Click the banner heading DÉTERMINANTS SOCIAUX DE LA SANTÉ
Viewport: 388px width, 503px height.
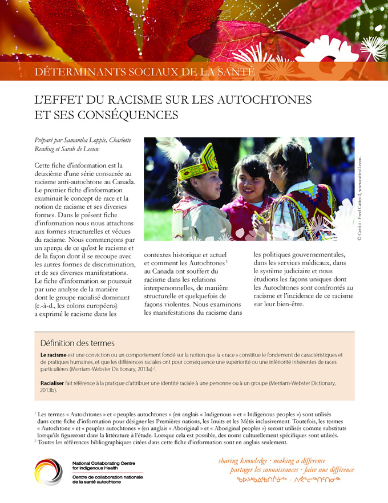[144, 72]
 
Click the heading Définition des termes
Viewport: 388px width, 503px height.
[77, 343]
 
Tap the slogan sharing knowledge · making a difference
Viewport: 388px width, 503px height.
[272, 460]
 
